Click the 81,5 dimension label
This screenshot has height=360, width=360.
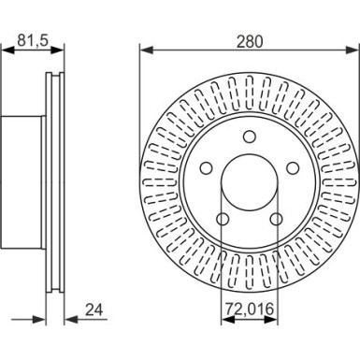click(x=28, y=40)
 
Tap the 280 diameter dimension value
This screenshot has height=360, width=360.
click(x=249, y=40)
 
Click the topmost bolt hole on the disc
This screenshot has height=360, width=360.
click(x=249, y=137)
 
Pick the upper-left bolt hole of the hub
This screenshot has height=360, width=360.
click(x=206, y=168)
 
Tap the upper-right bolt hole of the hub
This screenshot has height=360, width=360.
click(x=292, y=168)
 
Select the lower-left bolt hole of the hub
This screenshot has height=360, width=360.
click(x=223, y=220)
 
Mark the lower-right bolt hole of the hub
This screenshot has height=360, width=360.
click(x=276, y=220)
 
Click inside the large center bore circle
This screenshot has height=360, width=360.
click(x=249, y=185)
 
